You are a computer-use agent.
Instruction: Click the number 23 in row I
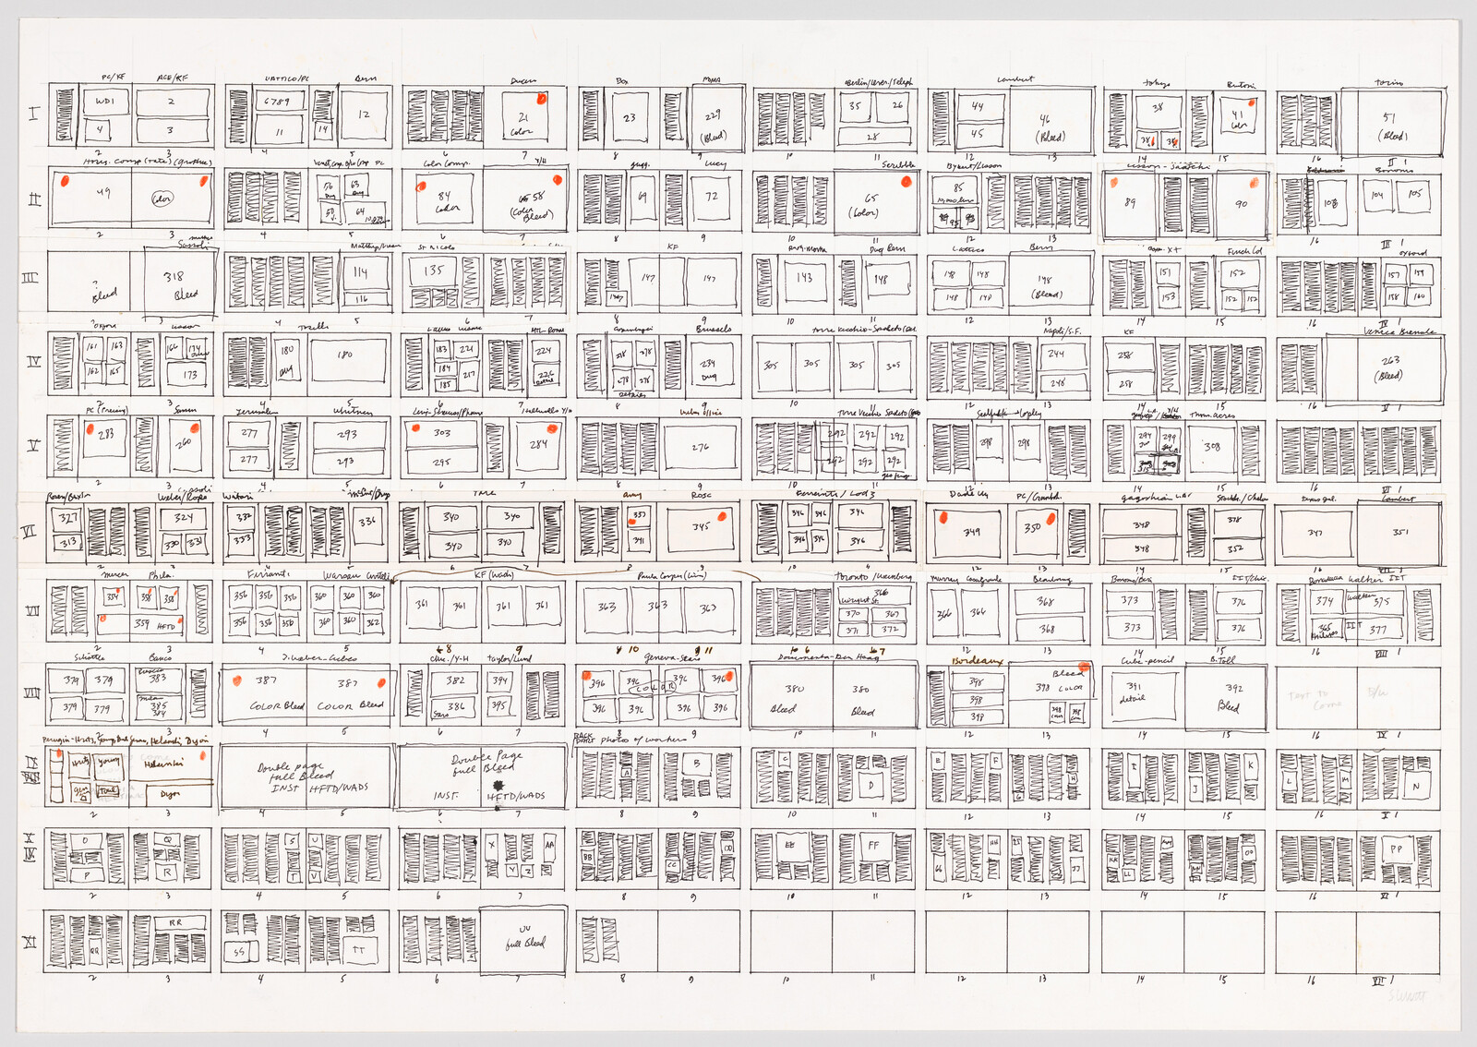(x=630, y=118)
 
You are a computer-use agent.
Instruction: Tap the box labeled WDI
(x=100, y=102)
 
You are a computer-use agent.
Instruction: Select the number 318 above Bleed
(x=174, y=276)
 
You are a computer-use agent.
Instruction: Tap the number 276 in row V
(x=701, y=448)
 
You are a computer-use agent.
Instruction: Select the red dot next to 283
(x=90, y=429)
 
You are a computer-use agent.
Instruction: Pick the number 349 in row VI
(x=971, y=533)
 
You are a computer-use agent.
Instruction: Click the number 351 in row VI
(x=1400, y=533)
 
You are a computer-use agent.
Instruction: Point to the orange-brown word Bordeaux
(x=978, y=662)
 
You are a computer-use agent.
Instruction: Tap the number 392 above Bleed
(x=1234, y=688)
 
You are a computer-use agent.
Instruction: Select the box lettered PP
(x=1396, y=848)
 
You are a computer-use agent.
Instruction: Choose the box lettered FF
(x=873, y=845)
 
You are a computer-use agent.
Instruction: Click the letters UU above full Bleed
(x=524, y=930)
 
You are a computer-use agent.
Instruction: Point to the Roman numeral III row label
(x=30, y=278)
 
